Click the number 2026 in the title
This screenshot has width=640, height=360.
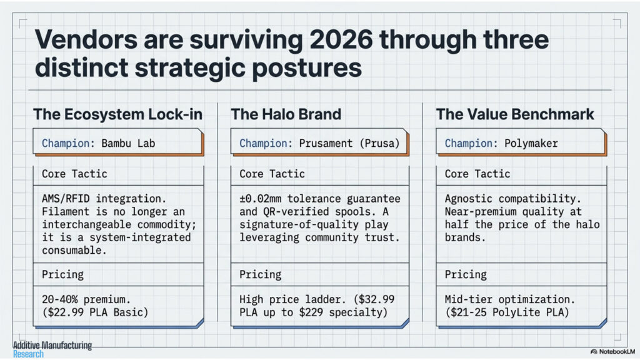coord(341,39)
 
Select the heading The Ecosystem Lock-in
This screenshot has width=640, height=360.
coord(118,114)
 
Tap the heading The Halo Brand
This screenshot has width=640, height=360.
coord(286,114)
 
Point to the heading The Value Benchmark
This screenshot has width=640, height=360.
coord(515,114)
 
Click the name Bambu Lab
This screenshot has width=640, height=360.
coord(128,143)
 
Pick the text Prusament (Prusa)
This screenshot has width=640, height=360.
coord(349,143)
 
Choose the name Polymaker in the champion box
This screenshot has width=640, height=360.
coord(531,144)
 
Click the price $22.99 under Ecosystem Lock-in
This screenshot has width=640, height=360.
coord(66,312)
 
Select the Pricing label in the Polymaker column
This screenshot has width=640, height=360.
coord(466,275)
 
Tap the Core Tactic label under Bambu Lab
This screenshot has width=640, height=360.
coord(74,174)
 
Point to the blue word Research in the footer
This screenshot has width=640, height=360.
coord(28,354)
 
